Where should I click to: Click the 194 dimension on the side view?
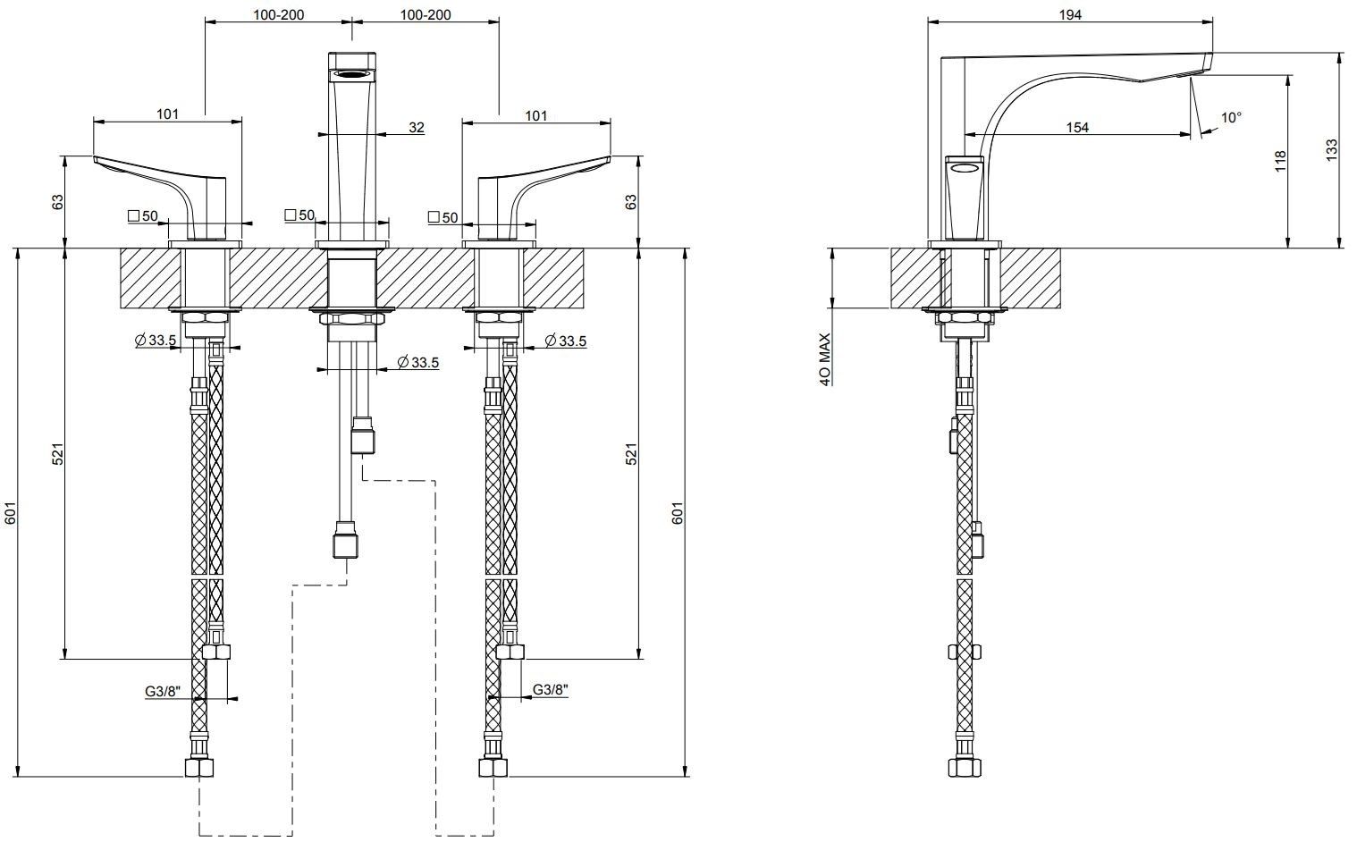pos(1070,13)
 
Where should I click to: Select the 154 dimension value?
pos(1077,127)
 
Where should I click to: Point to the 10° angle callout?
pos(1231,117)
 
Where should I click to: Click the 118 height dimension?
pos(1279,161)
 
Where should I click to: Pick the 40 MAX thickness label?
pos(825,359)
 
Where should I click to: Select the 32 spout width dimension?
pos(417,127)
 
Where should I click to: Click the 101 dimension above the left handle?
pos(168,113)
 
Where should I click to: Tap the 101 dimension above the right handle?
pos(536,114)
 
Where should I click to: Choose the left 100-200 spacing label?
pos(277,13)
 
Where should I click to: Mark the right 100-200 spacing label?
pos(426,13)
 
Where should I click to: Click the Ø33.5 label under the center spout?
pos(417,362)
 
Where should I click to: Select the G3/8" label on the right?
pos(551,689)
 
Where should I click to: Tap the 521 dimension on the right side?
pos(629,454)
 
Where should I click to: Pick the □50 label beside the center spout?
pos(299,215)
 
